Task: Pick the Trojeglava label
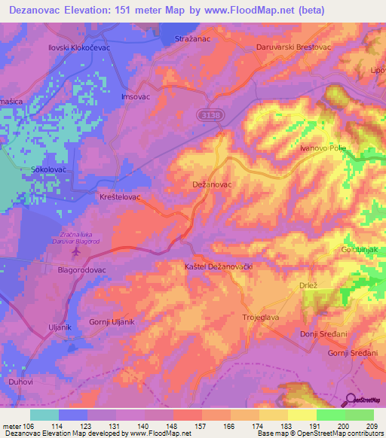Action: click(x=262, y=318)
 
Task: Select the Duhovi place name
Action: click(x=19, y=382)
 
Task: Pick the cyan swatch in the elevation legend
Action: click(x=44, y=415)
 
